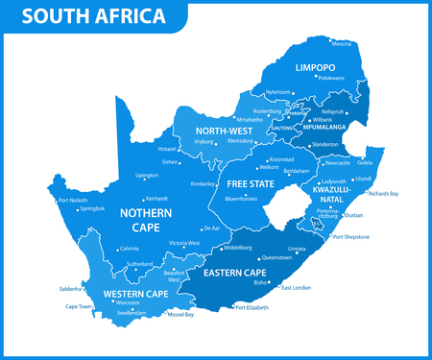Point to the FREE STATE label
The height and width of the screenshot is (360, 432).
coord(251,182)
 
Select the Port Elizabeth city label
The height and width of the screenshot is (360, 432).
coord(252,308)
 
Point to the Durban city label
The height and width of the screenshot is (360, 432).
coord(353,216)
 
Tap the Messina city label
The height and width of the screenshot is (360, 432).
coord(341,43)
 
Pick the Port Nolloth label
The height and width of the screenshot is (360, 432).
coord(74,200)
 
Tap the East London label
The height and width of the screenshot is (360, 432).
coord(295,288)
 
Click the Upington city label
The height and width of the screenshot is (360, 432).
coord(147,176)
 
